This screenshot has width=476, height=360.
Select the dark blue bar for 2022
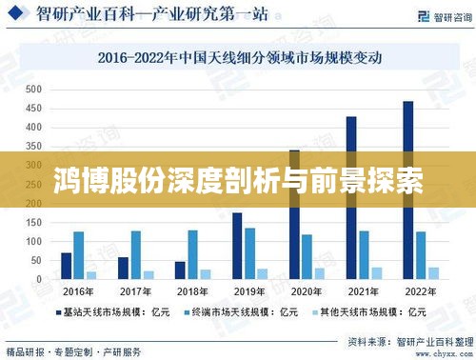click(407, 190)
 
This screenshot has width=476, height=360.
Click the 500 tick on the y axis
click(33, 89)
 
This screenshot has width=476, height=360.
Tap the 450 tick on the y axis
click(33, 108)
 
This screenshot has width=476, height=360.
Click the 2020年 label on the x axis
click(307, 290)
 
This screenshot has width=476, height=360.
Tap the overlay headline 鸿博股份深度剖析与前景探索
click(238, 177)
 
